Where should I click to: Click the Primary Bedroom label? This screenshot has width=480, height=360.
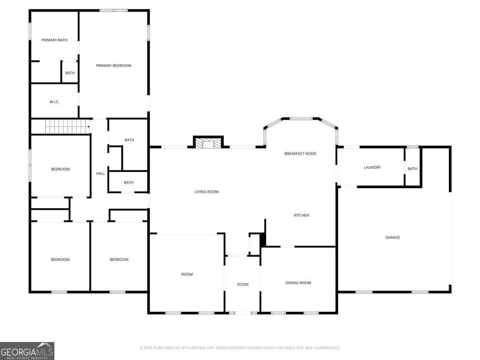tap(113, 66)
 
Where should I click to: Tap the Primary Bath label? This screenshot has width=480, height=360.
tap(54, 40)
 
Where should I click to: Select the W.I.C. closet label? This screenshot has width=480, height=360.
tap(54, 102)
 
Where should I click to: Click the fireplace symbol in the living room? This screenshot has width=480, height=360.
tap(208, 143)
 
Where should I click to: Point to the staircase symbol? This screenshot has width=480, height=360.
tap(66, 127)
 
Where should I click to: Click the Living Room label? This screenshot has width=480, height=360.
tap(206, 192)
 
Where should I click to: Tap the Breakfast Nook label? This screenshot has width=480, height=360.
tap(300, 154)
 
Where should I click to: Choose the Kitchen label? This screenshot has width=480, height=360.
tap(301, 216)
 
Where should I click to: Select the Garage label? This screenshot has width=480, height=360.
tap(392, 238)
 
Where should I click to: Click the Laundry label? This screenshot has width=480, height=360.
tap(372, 168)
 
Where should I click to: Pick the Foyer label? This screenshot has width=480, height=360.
tap(243, 285)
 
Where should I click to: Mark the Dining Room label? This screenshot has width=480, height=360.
tap(298, 283)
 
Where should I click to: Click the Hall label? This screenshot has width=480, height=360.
tap(100, 174)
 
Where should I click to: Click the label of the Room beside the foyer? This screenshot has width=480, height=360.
tap(187, 274)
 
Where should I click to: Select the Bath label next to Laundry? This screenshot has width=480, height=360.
tap(412, 169)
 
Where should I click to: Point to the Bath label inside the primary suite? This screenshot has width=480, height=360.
tap(70, 73)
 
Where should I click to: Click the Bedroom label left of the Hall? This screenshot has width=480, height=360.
tap(60, 169)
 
